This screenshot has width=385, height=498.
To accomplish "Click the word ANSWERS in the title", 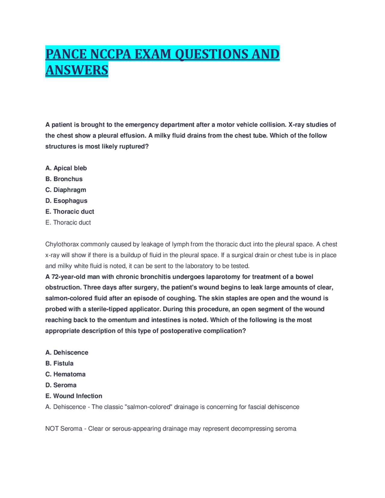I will click(77, 70).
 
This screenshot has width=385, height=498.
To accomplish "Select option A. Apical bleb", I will click(66, 168).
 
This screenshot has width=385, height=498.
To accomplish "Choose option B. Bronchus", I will click(64, 179).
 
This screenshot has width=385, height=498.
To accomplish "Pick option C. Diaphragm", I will click(66, 190).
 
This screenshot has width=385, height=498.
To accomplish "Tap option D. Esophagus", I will click(66, 201).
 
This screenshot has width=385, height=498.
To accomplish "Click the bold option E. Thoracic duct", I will click(69, 211).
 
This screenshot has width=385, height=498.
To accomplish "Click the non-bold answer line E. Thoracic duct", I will click(68, 223).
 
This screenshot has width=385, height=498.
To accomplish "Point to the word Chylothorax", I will click(62, 244).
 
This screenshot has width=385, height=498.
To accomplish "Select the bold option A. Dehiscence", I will click(67, 352).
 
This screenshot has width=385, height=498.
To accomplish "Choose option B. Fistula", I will click(59, 363).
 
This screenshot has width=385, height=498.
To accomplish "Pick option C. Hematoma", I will click(65, 374).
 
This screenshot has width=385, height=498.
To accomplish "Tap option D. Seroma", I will click(61, 385).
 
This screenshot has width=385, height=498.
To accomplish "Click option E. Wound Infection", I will click(74, 396).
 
